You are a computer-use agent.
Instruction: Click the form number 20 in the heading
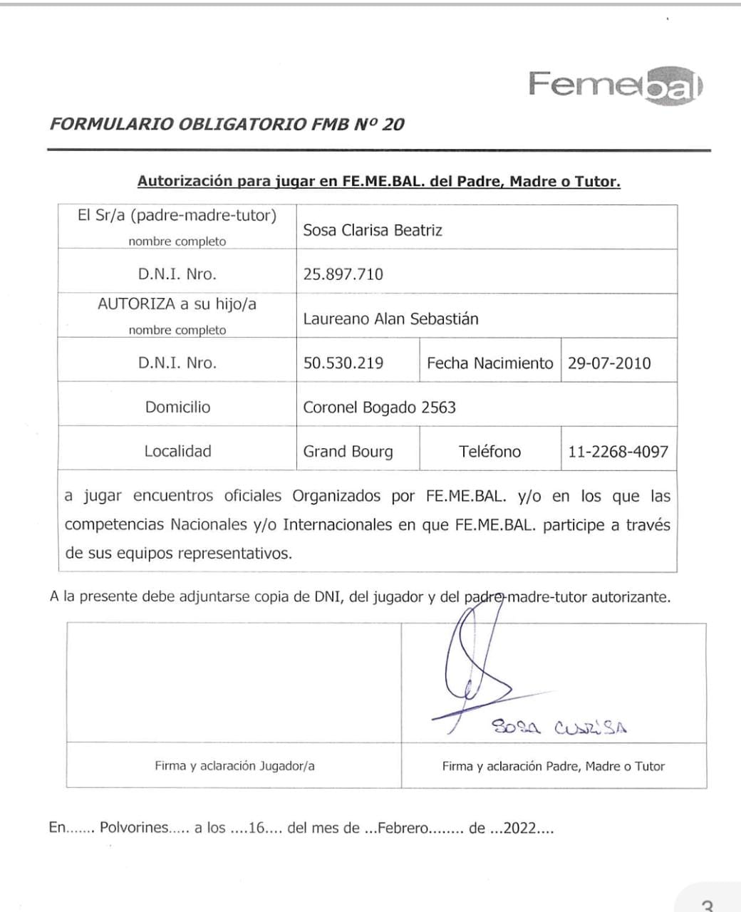[x=393, y=124]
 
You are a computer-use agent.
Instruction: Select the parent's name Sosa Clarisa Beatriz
[x=373, y=230]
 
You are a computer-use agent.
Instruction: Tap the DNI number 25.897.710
[x=343, y=274]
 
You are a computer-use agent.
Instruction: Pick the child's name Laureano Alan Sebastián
[x=390, y=318]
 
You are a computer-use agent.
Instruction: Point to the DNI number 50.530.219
[x=343, y=363]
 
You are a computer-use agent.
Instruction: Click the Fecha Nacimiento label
[x=489, y=363]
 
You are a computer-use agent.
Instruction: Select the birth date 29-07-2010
[x=609, y=363]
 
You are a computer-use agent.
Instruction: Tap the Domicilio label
[x=177, y=407]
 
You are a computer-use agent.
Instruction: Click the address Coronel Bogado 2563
[x=379, y=408]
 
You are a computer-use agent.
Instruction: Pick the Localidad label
[x=177, y=451]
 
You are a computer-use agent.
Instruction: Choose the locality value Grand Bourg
[x=348, y=452]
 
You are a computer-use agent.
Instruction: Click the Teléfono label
[x=489, y=451]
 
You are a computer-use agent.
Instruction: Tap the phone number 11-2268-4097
[x=618, y=451]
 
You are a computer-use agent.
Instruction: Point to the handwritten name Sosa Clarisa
[x=559, y=727]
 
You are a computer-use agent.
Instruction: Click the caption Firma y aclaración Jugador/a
[x=234, y=766]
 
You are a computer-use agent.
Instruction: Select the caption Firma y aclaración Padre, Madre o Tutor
[x=553, y=766]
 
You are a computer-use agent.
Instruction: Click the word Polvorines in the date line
[x=134, y=828]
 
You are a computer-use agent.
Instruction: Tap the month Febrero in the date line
[x=403, y=828]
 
